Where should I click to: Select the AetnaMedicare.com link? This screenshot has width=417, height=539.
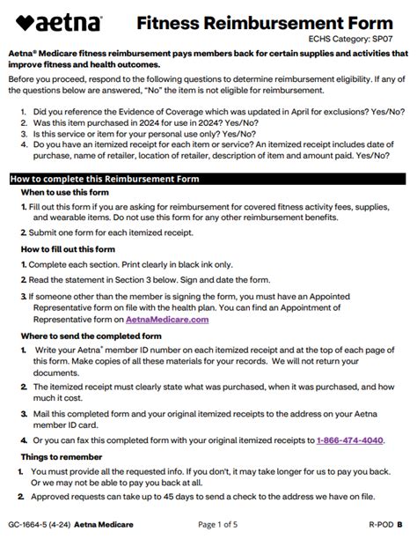tap(167, 320)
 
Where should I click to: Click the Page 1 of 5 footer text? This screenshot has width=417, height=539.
tap(219, 525)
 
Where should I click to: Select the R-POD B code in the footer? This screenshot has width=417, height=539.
tap(385, 525)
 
